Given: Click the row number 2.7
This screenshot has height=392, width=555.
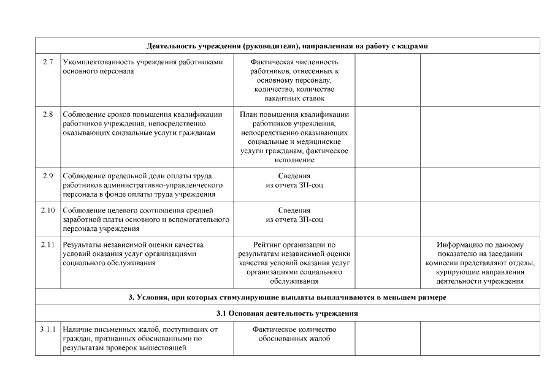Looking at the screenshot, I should tap(47, 62).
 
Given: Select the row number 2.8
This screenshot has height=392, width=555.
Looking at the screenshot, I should tap(47, 115).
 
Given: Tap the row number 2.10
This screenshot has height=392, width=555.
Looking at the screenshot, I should tap(47, 211).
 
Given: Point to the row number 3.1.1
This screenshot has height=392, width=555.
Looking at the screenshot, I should tap(47, 330).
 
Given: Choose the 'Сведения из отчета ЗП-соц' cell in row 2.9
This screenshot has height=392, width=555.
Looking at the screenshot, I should tap(294, 181).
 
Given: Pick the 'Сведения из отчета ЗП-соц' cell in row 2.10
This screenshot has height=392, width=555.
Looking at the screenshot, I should tap(294, 215).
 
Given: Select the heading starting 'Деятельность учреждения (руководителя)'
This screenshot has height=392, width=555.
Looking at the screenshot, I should tap(287, 47).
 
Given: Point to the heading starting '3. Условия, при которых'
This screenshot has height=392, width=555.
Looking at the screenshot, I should tap(287, 298).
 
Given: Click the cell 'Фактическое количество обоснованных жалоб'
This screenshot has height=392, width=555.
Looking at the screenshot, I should tap(294, 334).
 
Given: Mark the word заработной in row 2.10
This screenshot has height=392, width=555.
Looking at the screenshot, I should tap(82, 219).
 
